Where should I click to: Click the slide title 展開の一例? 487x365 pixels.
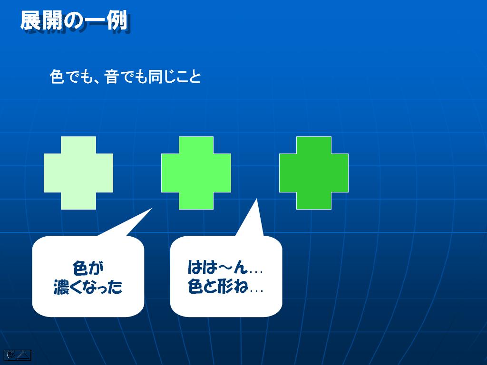tap(75, 21)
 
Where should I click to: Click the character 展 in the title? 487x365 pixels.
tap(31, 21)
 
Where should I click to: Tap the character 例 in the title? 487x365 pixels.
tap(117, 21)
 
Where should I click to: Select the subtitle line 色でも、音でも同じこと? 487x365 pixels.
tap(125, 77)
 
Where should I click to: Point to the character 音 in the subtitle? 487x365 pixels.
tap(111, 77)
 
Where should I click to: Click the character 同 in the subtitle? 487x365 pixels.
tap(156, 77)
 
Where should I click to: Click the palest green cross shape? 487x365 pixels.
tap(78, 173)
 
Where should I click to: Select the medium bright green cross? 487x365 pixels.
tap(196, 173)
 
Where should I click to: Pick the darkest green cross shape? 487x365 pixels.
tap(314, 173)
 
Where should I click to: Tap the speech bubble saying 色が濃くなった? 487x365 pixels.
tap(88, 276)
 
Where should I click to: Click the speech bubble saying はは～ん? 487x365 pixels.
tap(226, 276)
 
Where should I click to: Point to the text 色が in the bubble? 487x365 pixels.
tap(88, 268)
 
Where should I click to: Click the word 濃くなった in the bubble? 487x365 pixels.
tap(88, 287)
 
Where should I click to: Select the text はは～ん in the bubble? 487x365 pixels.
tap(217, 267)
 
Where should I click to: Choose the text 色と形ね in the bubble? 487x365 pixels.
tap(217, 286)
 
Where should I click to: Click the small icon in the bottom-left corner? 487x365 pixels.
tap(18, 355)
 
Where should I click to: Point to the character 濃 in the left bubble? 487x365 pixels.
tap(61, 287)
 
